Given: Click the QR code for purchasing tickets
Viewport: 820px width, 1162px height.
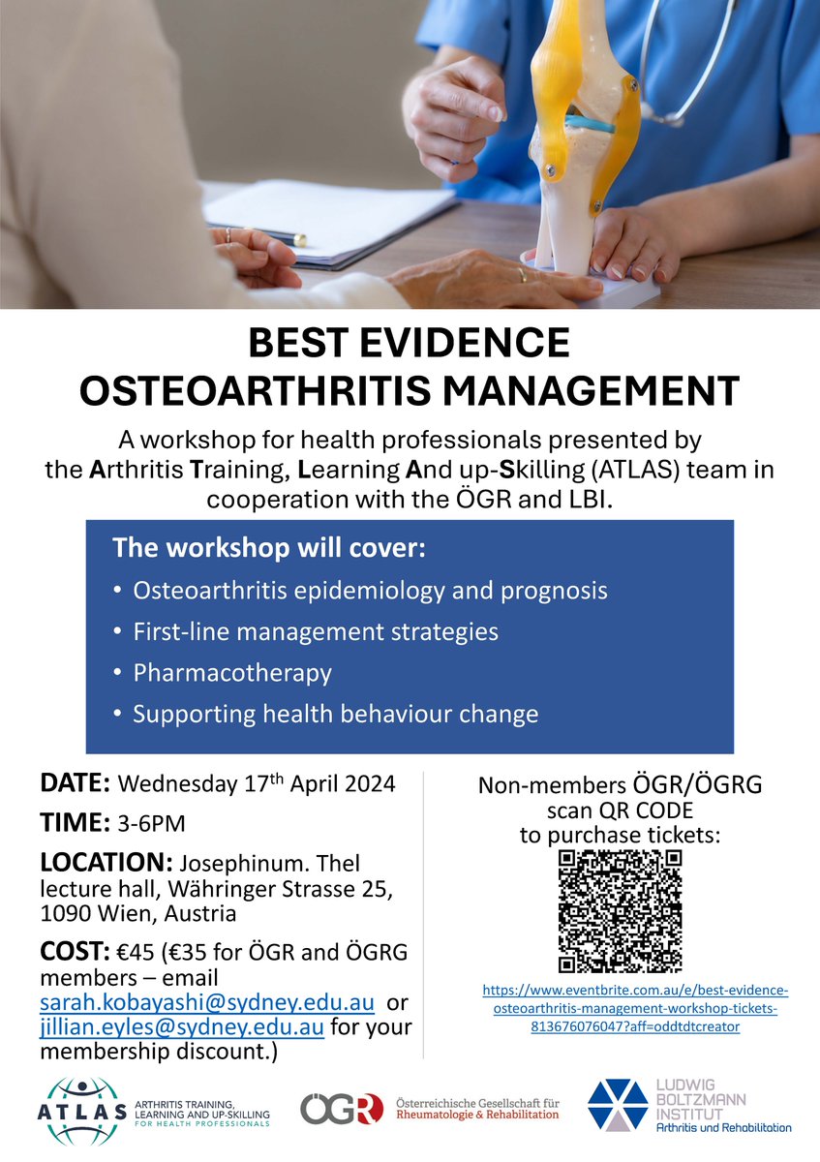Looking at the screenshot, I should pos(621,911).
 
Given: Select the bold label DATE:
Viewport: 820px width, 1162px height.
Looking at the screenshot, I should pos(77,783).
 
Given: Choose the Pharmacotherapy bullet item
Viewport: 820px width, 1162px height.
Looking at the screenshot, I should pos(232,673).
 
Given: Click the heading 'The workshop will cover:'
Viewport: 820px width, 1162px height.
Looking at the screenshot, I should pos(268,548).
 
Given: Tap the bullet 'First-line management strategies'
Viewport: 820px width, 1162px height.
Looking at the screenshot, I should pos(316,632).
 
